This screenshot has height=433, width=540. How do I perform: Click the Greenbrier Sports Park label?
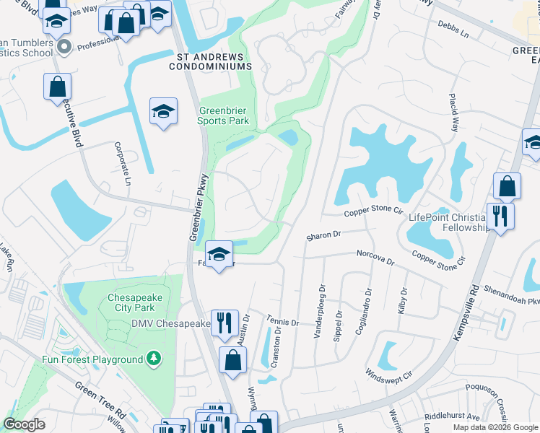point(223,115)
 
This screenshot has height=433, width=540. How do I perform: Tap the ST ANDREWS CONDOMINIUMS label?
point(210,61)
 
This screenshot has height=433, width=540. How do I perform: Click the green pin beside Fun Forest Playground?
point(152,358)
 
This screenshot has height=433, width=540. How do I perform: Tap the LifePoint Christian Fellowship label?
point(449,222)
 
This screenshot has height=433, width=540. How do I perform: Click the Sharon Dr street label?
point(323,235)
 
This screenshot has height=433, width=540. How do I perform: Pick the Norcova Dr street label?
point(376,257)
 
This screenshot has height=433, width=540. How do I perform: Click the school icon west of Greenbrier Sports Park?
point(164,112)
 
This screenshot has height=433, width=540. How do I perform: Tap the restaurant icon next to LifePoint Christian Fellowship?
point(500,215)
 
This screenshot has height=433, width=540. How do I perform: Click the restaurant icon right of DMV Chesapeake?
point(225,322)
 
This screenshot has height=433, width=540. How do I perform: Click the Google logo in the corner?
point(25,424)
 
